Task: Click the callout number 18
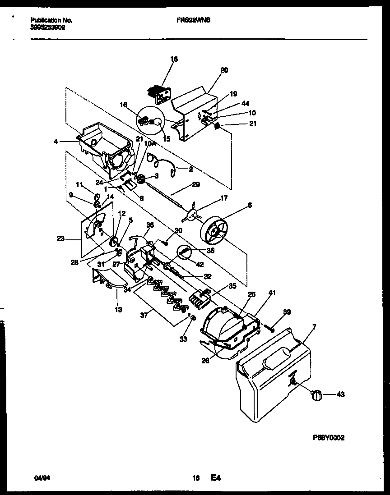point(175,59)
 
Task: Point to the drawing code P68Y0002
point(331,438)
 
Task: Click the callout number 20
point(224,70)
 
